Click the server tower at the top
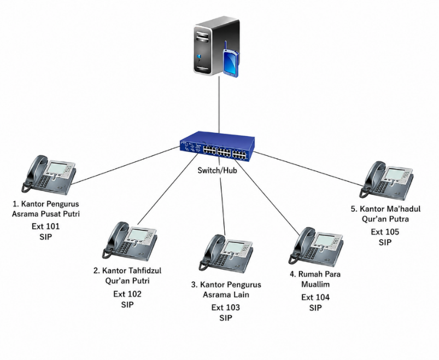tap(215, 46)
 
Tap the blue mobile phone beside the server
tap(231, 62)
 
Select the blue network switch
tap(217, 146)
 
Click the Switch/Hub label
tap(217, 170)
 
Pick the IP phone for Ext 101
tap(49, 175)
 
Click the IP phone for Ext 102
tap(130, 241)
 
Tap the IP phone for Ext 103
tap(226, 254)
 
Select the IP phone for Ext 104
tap(316, 247)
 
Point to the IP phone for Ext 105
tap(387, 181)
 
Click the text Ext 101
tap(45, 227)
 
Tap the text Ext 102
tap(127, 294)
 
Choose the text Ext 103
tap(226, 307)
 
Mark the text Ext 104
tap(315, 297)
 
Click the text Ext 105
tap(385, 232)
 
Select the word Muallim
tap(315, 284)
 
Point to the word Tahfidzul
tap(145, 271)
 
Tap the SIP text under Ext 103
tap(226, 318)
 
